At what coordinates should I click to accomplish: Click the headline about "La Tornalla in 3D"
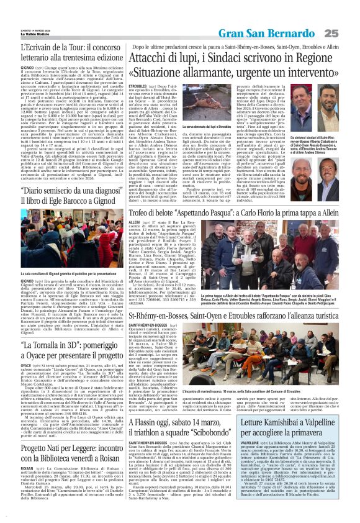[61, 350]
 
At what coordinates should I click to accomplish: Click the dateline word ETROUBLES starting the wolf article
[138, 86]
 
